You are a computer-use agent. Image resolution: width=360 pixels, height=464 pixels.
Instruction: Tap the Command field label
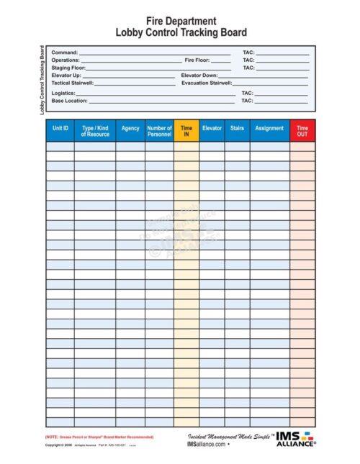pos(65,53)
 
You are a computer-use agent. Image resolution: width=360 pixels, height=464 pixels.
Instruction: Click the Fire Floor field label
pos(197,60)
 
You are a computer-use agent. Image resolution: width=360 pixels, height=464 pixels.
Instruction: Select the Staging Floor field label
pos(68,68)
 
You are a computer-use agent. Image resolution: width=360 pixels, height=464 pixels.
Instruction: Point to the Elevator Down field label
pos(199,75)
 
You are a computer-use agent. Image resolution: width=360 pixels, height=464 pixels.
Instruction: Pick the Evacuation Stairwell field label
pos(206,83)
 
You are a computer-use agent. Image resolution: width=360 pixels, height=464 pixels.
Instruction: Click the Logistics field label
pos(63,94)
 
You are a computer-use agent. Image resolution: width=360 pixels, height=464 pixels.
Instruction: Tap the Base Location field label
pos(69,101)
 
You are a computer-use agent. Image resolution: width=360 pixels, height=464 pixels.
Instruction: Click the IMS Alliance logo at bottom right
pos(296,439)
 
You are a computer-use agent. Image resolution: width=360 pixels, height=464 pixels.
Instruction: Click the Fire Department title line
pos(181,22)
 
